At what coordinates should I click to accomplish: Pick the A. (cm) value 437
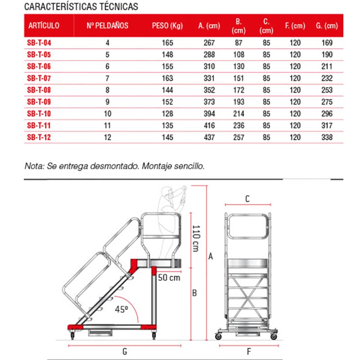point(209,137)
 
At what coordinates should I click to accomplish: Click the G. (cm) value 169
point(327,43)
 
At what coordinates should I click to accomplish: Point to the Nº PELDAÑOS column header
point(108,26)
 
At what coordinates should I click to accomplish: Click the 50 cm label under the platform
point(169,278)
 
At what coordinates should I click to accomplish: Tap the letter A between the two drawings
point(210,257)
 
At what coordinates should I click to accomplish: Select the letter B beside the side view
point(194,293)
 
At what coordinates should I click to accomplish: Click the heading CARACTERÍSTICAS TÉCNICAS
point(81,7)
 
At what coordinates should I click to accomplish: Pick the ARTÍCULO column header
point(44,26)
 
